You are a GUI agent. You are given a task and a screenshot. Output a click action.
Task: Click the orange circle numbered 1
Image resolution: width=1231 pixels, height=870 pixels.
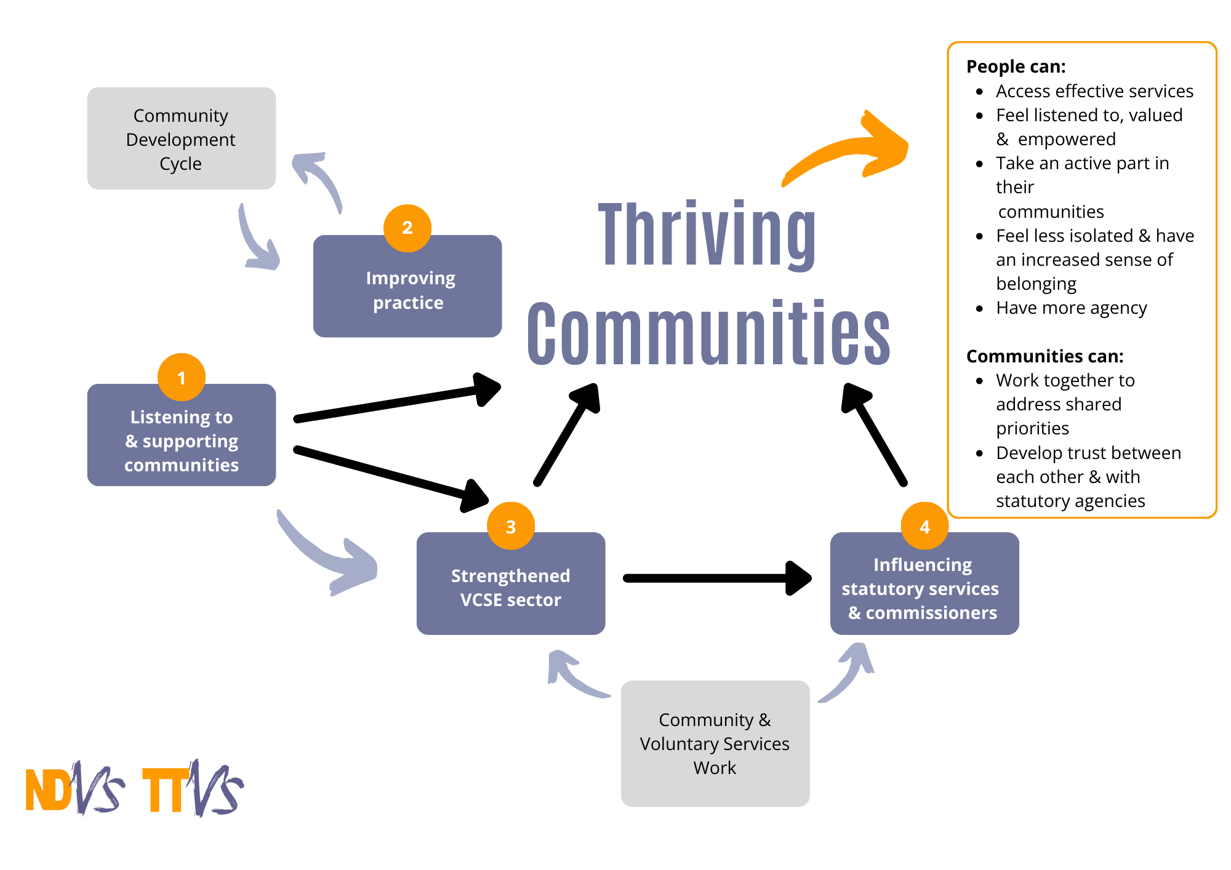[181, 377]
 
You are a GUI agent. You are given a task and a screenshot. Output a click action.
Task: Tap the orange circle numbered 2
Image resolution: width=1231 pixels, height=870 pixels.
[407, 228]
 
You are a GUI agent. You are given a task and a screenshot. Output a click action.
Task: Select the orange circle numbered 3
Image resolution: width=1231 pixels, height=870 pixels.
[510, 526]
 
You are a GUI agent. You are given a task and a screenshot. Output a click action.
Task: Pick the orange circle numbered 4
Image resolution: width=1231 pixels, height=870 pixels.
[924, 526]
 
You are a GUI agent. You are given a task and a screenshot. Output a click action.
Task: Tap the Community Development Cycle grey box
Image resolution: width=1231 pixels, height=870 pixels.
[181, 139]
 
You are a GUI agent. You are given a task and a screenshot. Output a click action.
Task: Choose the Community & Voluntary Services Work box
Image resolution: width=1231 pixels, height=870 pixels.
[715, 743]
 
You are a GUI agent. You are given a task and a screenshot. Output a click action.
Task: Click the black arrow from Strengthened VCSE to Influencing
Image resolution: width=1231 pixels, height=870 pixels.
[714, 578]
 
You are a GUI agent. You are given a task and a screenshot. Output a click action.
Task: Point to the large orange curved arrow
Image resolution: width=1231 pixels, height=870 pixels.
[849, 151]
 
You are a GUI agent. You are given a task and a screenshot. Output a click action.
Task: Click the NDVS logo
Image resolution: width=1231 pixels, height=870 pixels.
[74, 789]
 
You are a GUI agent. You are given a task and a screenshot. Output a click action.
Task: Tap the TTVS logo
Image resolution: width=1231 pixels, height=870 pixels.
[192, 789]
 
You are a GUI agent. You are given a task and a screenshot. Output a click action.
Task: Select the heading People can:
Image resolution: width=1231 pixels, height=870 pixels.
[1016, 66]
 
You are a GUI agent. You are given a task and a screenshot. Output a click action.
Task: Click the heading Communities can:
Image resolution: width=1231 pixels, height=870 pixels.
[1045, 356]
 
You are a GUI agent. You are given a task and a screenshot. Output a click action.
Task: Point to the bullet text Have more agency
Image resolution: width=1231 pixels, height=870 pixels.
[1071, 308]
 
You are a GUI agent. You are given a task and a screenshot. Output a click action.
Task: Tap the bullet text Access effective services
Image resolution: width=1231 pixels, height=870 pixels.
[1094, 91]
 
